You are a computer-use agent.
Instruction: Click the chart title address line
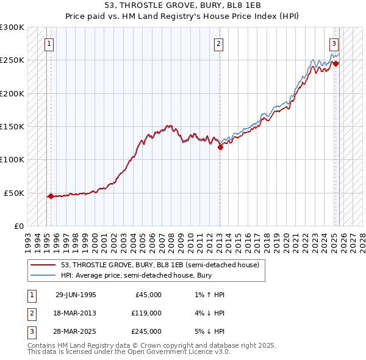click(183, 7)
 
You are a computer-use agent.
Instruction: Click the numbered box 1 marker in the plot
click(48, 43)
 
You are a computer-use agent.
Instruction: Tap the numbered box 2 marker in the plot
click(218, 43)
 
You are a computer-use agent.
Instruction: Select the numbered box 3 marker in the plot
click(334, 43)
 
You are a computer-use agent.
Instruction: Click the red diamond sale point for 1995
click(51, 196)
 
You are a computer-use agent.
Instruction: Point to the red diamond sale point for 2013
click(221, 146)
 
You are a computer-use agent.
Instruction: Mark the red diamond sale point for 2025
click(336, 63)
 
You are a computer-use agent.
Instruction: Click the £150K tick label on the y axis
click(12, 126)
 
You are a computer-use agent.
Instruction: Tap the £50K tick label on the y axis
click(15, 193)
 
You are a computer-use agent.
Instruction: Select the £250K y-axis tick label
click(12, 60)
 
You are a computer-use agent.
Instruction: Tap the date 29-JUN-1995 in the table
click(76, 295)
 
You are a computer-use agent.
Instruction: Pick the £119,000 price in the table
click(146, 313)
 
